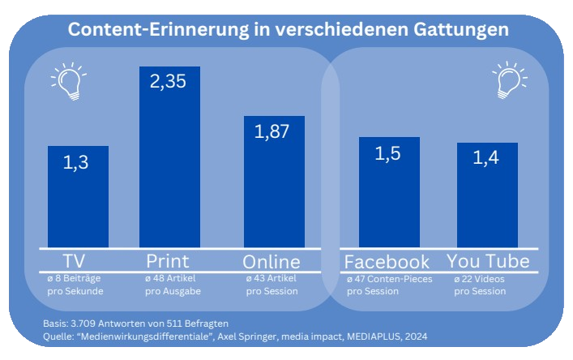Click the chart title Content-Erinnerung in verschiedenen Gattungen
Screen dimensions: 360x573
288,29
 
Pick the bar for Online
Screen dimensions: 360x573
274,195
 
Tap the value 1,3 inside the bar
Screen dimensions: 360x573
83,164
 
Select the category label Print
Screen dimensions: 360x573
168,261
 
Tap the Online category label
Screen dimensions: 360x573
272,262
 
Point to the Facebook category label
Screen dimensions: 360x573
387,262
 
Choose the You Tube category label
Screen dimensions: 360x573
488,262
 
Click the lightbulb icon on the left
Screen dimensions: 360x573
68,79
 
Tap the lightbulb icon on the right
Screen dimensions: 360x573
510,79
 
